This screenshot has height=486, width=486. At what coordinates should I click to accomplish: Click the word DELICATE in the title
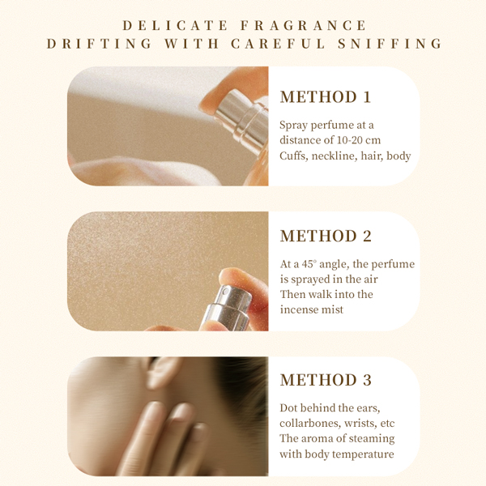[175, 25]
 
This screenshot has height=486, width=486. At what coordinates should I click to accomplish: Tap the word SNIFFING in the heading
[390, 44]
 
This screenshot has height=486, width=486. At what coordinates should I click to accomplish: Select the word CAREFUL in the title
[278, 44]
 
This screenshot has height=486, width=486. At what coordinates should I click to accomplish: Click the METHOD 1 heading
[326, 97]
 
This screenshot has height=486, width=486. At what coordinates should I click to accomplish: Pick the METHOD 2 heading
[326, 237]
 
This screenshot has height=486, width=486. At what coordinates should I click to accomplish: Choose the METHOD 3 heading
[326, 380]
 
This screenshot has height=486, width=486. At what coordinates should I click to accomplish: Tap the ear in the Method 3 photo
[162, 373]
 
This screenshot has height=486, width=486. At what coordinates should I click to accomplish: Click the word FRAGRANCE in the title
[304, 25]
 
